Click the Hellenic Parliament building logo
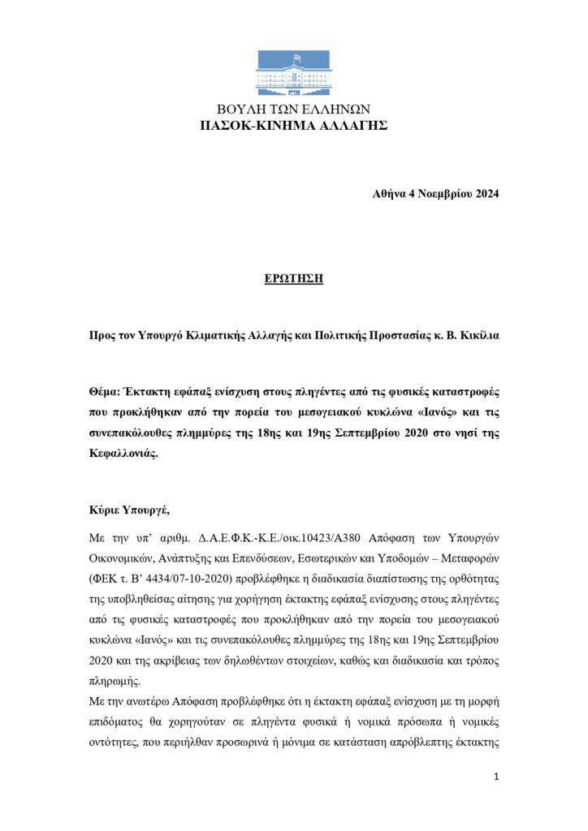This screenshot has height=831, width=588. tap(294, 72)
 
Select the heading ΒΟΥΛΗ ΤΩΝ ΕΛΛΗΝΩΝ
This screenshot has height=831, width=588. tap(294, 110)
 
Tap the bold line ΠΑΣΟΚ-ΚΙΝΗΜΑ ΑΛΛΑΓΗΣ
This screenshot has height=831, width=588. tap(294, 125)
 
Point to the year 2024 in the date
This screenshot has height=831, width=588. tap(484, 193)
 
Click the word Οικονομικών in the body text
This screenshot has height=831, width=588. tap(125, 559)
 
